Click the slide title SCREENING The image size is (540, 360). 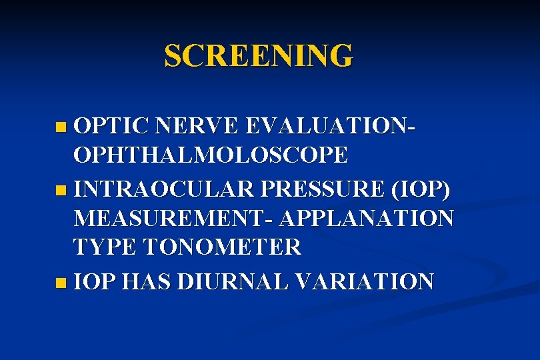(x=258, y=56)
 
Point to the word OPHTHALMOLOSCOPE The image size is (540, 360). (x=211, y=155)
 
